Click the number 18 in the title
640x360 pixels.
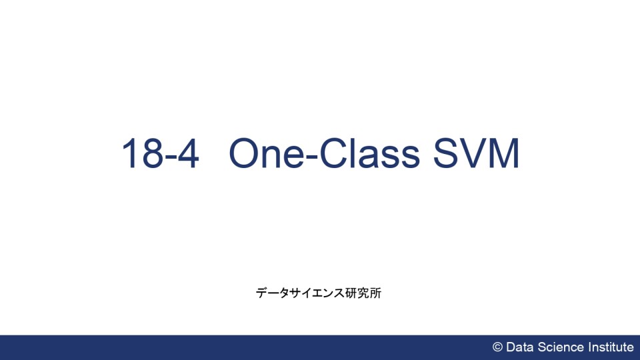point(141,153)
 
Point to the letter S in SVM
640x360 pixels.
point(446,153)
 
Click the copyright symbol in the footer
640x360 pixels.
point(497,347)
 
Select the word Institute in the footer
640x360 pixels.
point(611,347)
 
